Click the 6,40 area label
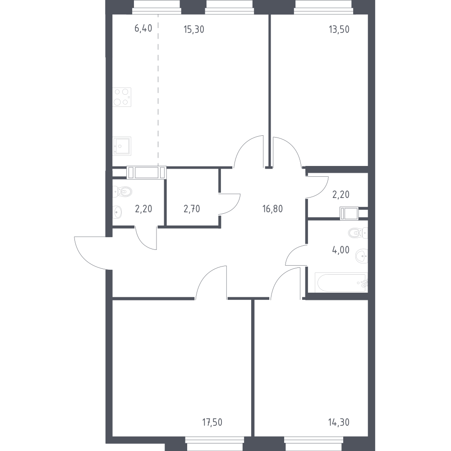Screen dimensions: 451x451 coord(143,28)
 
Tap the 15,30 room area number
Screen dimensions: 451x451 coord(194,29)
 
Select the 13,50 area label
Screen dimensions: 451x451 coord(339,29)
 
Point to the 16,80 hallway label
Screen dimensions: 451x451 coord(272,209)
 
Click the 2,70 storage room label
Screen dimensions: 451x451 coord(192,209)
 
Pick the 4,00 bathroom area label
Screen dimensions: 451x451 coord(341,250)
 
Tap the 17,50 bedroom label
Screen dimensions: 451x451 coord(212,422)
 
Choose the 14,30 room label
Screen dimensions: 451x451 coord(339,422)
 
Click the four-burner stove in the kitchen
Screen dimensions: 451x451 coord(122,97)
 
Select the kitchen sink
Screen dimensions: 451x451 coord(122,146)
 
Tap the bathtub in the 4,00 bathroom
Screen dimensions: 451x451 coord(341,282)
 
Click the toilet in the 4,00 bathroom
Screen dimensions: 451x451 coord(358,233)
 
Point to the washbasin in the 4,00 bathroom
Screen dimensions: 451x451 coord(362,256)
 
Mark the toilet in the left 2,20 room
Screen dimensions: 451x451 coord(122,192)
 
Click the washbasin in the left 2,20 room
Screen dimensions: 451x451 coord(117,212)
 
